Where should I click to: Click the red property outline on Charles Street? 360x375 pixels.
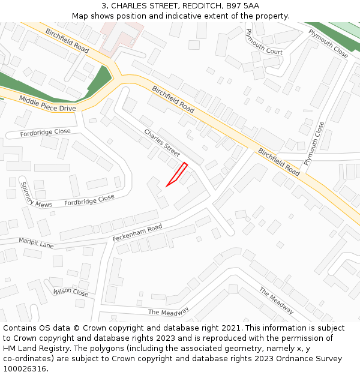[178, 173]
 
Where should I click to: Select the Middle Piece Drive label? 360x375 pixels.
[47, 103]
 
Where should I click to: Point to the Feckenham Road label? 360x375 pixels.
[137, 233]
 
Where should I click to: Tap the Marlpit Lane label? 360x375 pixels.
[36, 244]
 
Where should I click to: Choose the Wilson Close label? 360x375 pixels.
[71, 292]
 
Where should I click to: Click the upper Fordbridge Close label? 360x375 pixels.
[45, 132]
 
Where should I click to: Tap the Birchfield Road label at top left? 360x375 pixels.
[67, 40]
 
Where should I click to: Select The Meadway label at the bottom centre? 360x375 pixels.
[169, 311]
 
